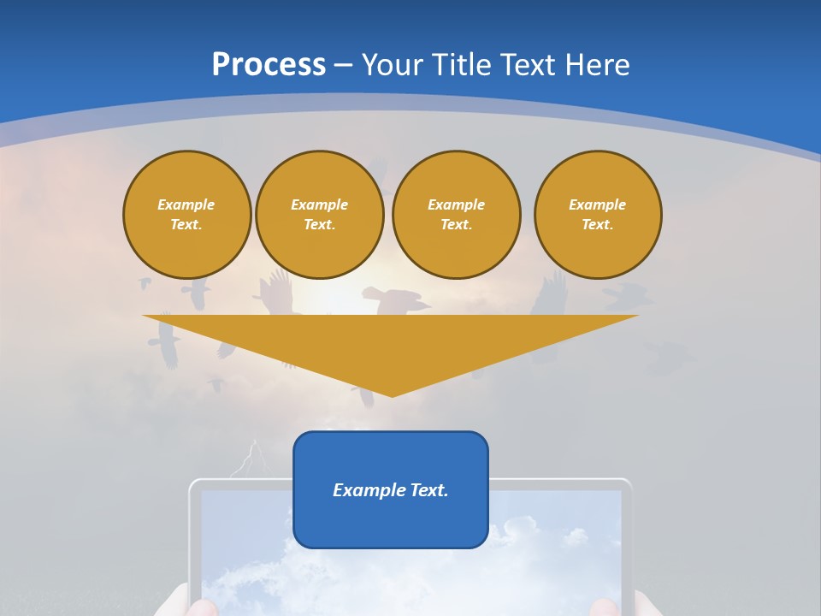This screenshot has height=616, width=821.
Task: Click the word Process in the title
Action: pos(269,64)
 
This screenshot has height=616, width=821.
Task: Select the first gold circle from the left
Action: pos(186,215)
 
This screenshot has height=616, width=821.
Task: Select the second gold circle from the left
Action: pos(319,215)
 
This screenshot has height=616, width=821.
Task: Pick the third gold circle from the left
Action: pos(456,215)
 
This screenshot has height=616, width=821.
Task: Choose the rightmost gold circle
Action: pos(598,215)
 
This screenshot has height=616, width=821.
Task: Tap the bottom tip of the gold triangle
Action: pos(392,394)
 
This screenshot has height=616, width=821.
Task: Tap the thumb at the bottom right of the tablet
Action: pos(603,607)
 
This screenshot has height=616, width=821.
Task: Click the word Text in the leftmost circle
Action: pos(186,225)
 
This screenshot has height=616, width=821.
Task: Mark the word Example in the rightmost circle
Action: pos(597,204)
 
